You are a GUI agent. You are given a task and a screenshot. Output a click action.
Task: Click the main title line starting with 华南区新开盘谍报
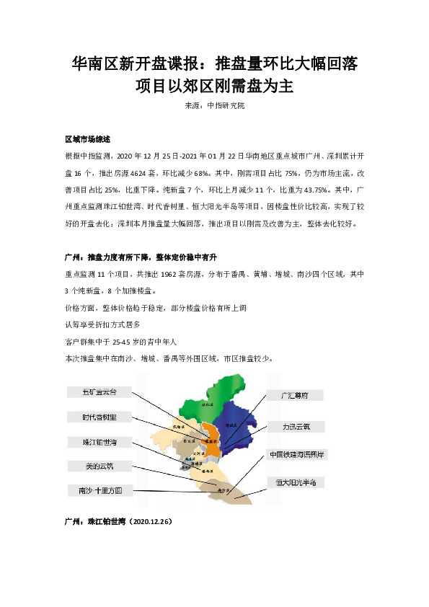(214, 65)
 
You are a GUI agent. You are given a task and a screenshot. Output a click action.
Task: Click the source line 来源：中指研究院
(214, 106)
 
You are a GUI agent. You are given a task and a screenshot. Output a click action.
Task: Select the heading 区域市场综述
(87, 139)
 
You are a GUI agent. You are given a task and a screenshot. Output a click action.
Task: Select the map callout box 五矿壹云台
(99, 393)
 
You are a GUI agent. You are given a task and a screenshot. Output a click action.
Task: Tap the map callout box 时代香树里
(99, 417)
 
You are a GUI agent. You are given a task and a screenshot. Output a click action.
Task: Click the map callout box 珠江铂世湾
(99, 441)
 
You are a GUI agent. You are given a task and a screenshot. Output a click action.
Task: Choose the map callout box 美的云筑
(99, 465)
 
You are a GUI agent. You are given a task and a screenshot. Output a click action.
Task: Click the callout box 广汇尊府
(293, 395)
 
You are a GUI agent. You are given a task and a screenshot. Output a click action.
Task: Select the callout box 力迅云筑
(296, 427)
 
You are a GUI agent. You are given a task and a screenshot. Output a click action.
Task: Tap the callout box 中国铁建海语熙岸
(296, 455)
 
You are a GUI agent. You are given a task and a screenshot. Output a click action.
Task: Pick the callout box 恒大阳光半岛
(296, 481)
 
